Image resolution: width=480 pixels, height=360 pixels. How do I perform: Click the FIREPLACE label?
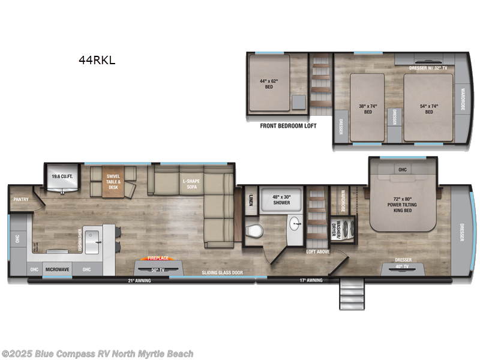[157, 259]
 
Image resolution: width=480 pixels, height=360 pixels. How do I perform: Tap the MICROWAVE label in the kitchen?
[58, 270]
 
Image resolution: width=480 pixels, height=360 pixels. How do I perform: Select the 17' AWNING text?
[311, 280]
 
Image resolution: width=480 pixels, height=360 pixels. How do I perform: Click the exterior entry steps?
[352, 293]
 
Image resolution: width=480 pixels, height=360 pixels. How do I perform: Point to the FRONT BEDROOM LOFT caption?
[287, 126]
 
